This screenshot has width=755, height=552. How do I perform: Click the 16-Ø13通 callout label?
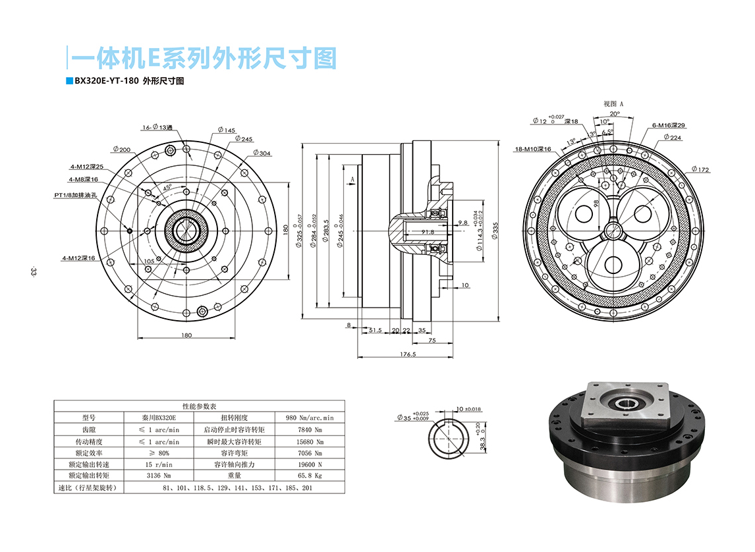(156, 127)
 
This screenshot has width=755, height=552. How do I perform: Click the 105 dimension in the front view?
(149, 262)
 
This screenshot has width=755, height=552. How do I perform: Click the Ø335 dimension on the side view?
(495, 230)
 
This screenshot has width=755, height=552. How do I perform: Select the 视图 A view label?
(613, 104)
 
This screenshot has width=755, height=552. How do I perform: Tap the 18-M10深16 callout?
(533, 150)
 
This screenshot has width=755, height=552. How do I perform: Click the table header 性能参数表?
(204, 406)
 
